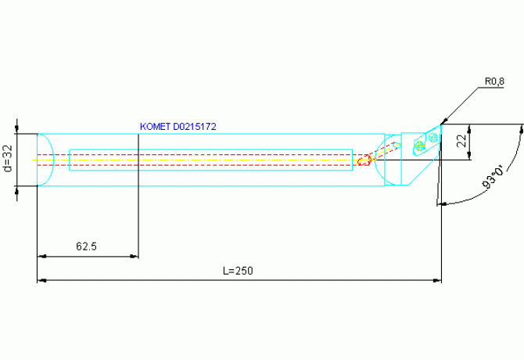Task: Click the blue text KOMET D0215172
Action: [178, 127]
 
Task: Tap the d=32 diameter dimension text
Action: [8, 158]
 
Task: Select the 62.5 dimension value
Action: [86, 247]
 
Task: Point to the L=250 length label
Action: [238, 271]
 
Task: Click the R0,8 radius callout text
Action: [494, 81]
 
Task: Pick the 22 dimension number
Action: [462, 141]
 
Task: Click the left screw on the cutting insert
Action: [419, 146]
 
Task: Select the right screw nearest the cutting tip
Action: [432, 136]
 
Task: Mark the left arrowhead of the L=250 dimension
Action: [41, 280]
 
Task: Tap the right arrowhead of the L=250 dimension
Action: [437, 280]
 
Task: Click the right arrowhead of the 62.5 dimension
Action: [134, 257]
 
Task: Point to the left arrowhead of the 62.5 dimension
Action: [41, 257]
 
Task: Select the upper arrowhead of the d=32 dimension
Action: [17, 129]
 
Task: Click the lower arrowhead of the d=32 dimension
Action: [17, 190]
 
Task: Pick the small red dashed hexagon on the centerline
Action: [364, 160]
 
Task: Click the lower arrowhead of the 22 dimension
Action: [469, 156]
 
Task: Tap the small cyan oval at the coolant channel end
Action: [397, 145]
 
